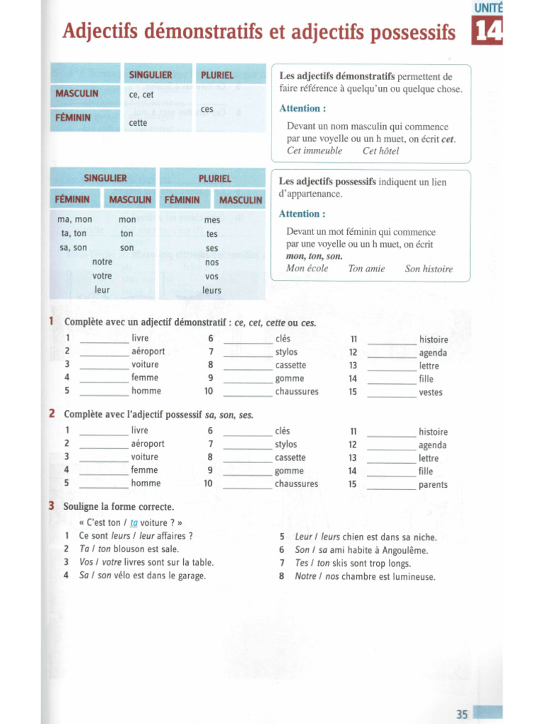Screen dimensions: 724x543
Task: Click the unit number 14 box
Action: (x=487, y=33)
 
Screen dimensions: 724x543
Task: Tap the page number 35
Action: (x=462, y=714)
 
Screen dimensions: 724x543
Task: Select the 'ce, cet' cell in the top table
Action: (x=141, y=95)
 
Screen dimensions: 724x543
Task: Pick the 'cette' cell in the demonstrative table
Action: (x=138, y=122)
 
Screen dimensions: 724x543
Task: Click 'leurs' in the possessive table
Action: (x=211, y=290)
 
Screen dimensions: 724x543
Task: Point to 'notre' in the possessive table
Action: (x=103, y=262)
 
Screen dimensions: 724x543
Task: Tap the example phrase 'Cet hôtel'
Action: (x=380, y=151)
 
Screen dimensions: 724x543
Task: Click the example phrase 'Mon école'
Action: (x=307, y=269)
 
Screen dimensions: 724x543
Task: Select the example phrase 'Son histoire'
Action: (x=428, y=269)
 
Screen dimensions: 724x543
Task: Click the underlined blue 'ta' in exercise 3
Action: (x=134, y=523)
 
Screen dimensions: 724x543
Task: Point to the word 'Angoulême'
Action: (x=401, y=550)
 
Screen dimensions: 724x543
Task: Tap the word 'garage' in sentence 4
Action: (x=190, y=576)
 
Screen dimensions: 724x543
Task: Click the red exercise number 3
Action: (x=52, y=506)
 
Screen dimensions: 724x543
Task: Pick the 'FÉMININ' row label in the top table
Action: (x=73, y=117)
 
